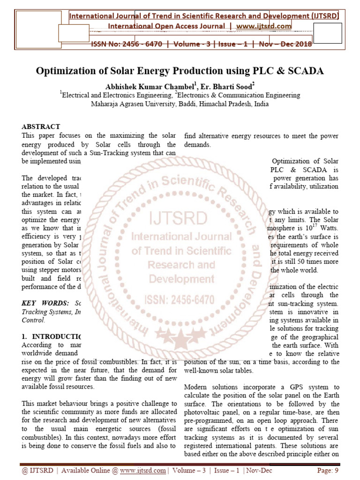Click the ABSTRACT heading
[41, 127]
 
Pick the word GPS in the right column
[284, 387]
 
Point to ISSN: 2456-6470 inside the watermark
[181, 299]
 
